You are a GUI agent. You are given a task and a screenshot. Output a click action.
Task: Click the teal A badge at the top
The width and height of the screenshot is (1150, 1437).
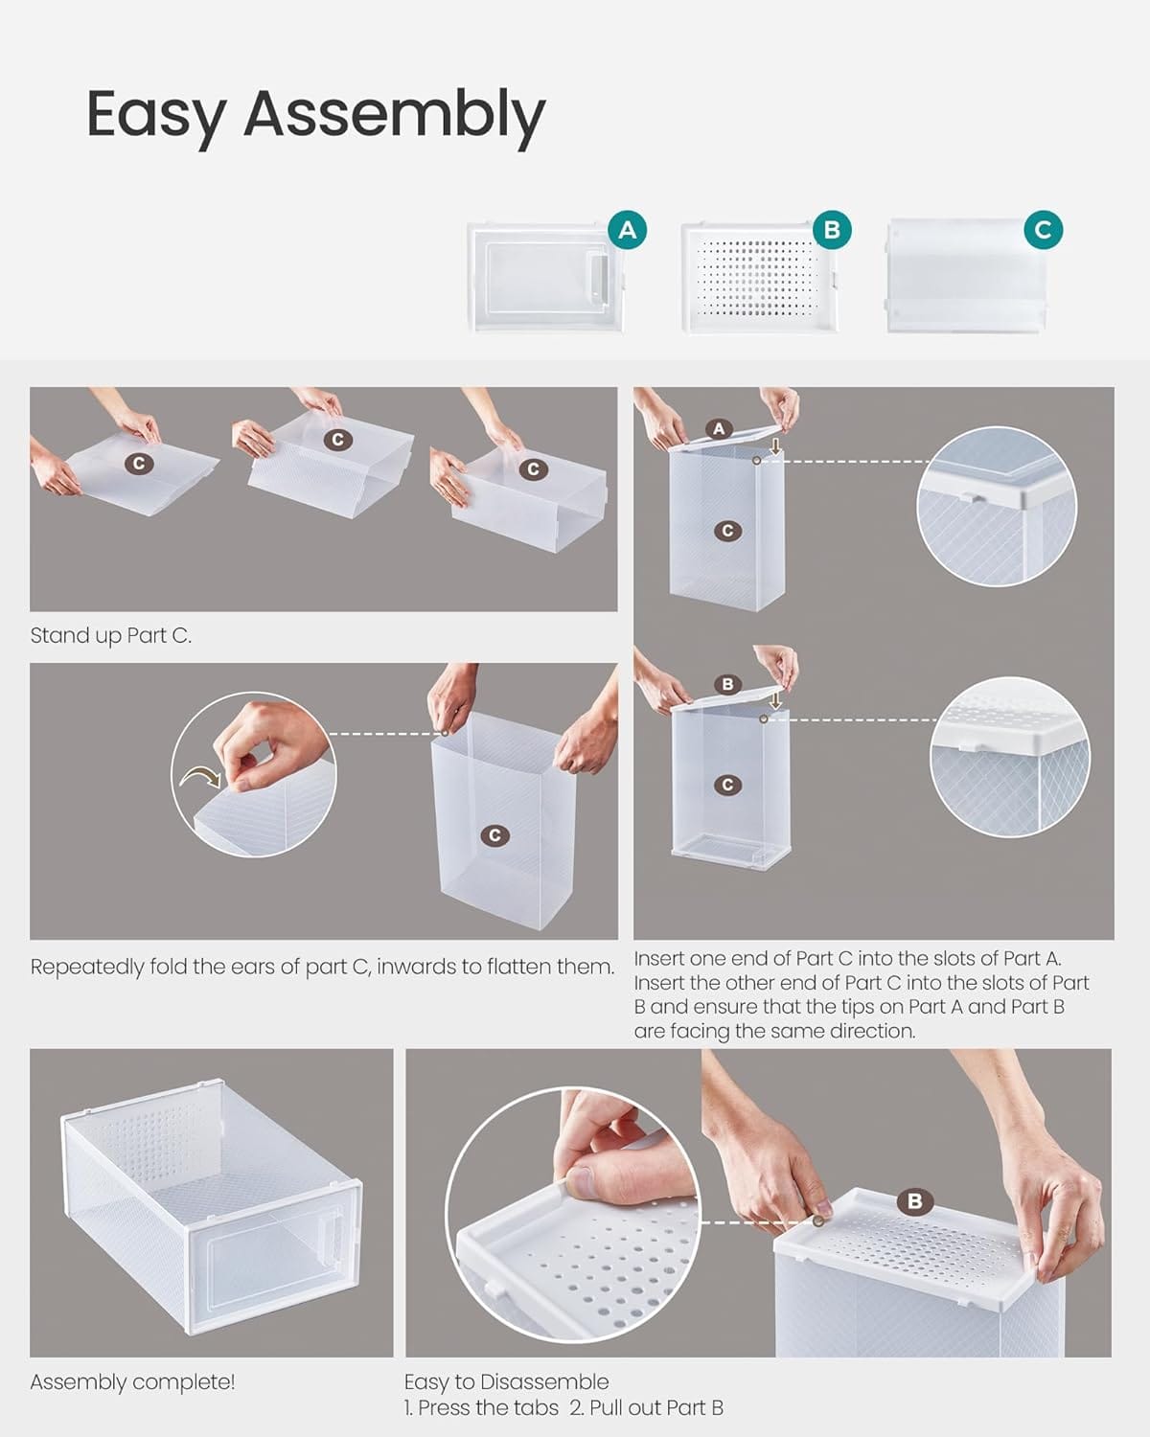click(x=627, y=230)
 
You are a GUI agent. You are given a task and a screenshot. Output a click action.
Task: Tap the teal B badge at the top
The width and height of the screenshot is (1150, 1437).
click(x=832, y=230)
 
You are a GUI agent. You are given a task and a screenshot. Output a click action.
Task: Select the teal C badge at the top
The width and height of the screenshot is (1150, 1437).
click(x=1043, y=230)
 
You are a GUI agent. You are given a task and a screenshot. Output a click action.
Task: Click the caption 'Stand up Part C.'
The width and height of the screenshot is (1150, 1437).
click(x=111, y=636)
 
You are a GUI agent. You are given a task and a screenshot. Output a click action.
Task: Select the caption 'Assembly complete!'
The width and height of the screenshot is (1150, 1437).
click(x=132, y=1382)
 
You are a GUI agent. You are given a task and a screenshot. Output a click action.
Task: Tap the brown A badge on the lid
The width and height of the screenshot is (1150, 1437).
click(x=719, y=428)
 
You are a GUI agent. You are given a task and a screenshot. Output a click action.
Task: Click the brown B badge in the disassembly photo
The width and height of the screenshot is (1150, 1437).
click(x=915, y=1201)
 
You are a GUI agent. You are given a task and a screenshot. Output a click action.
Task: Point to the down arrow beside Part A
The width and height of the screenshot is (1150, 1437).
click(x=775, y=446)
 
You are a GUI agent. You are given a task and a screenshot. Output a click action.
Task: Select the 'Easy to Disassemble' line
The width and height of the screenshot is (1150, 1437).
click(x=507, y=1381)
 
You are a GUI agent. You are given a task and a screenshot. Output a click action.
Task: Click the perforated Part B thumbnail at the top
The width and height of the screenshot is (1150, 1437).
click(x=759, y=279)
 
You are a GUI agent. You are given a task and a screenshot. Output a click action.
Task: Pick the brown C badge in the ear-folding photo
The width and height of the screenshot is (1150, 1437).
click(x=495, y=835)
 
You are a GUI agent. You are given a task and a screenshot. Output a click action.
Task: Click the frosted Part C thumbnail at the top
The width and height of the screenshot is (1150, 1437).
click(x=966, y=275)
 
